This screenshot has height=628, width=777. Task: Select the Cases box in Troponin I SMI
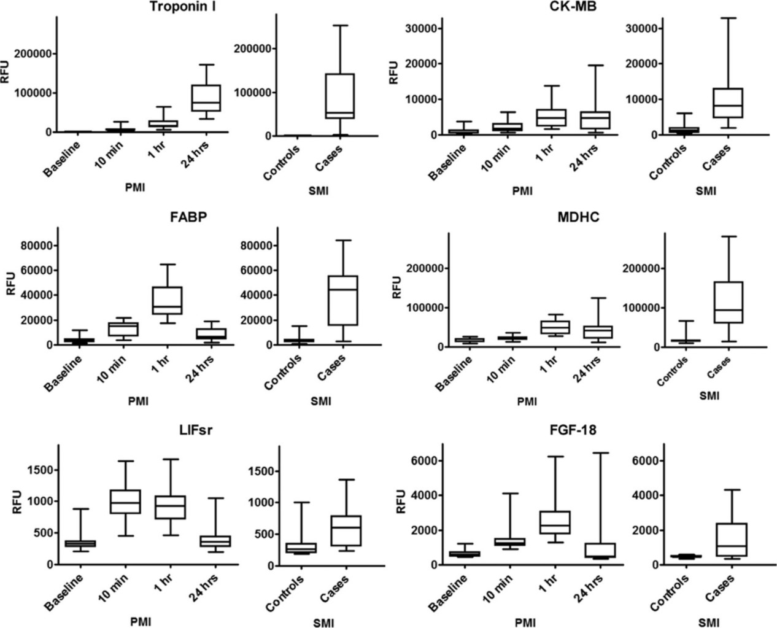340,95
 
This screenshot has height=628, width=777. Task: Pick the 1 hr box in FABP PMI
167,300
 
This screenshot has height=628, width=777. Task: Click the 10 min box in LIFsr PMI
125,501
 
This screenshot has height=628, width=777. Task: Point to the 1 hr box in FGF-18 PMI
554,522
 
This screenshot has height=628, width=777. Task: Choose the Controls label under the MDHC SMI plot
673,370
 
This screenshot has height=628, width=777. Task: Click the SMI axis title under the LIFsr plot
323,622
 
